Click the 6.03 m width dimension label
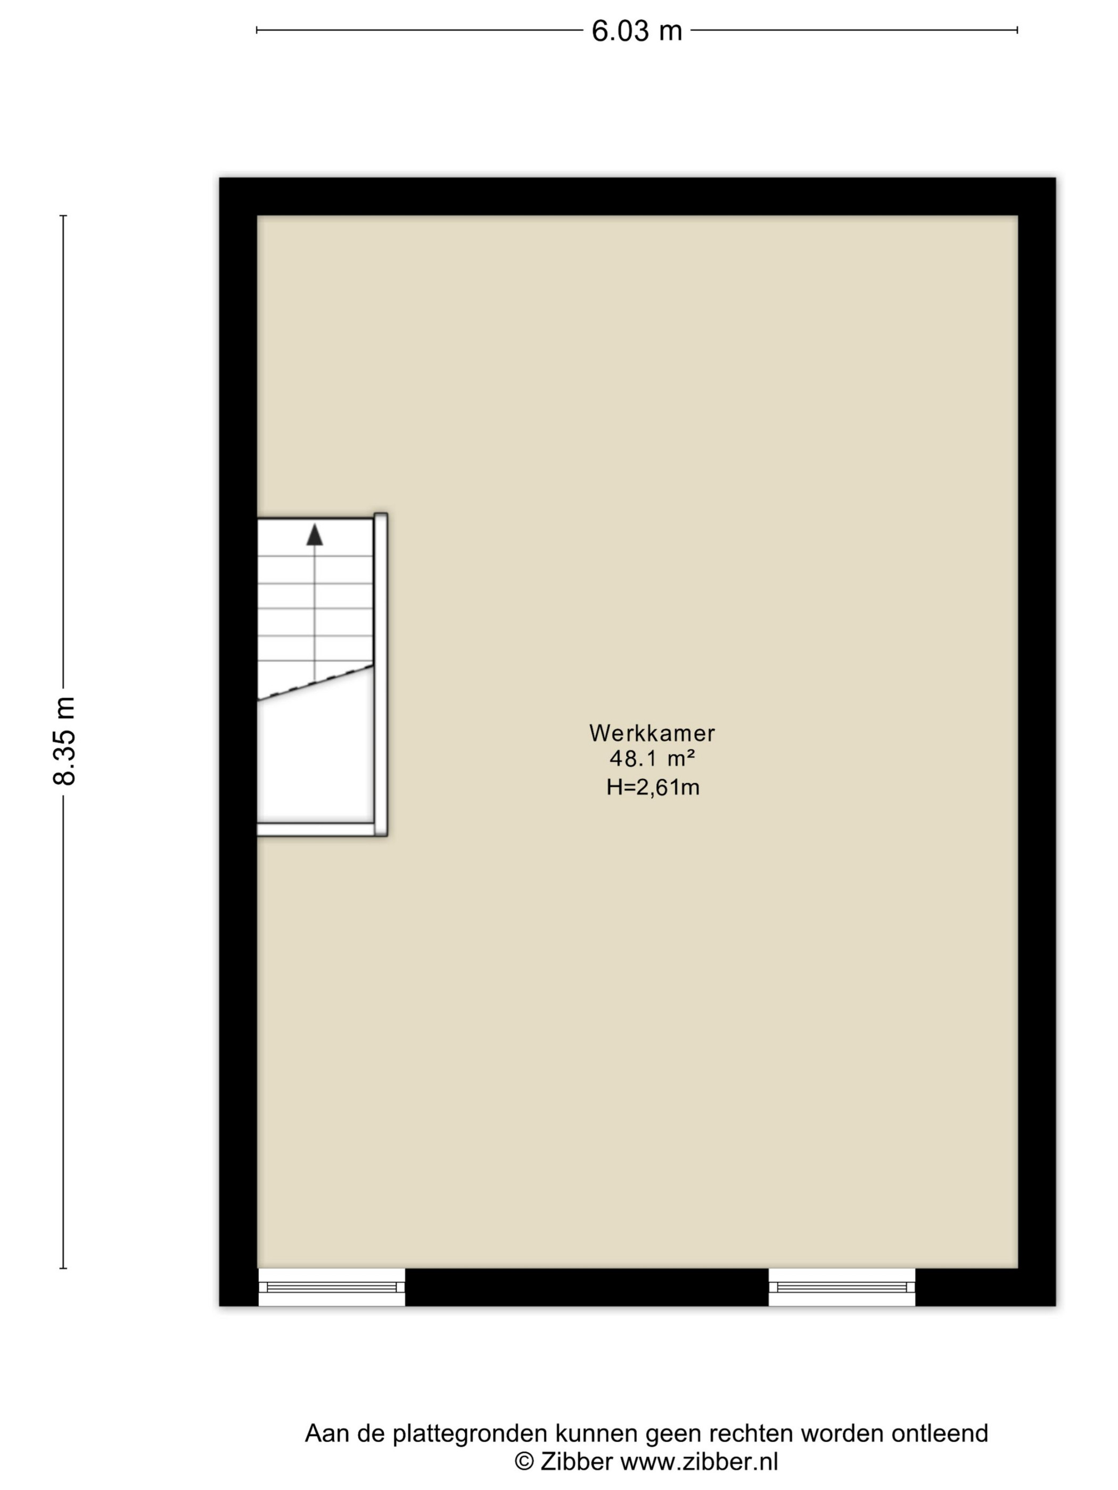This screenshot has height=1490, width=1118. (x=637, y=31)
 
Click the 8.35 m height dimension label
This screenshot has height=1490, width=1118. (x=65, y=740)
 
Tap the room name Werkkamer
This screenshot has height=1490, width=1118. (x=652, y=733)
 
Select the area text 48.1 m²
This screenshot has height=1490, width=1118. (x=652, y=759)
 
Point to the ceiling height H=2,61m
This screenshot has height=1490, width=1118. (x=652, y=787)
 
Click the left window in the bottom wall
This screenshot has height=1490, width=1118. (x=332, y=1287)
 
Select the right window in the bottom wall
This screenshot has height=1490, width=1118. (x=842, y=1287)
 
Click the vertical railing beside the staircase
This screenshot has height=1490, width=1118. (x=381, y=674)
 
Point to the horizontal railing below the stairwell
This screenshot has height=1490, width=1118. (x=316, y=829)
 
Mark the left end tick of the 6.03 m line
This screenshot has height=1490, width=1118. (x=257, y=30)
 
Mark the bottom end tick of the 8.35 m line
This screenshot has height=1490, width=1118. (x=63, y=1269)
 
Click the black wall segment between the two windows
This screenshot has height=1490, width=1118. (x=587, y=1287)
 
